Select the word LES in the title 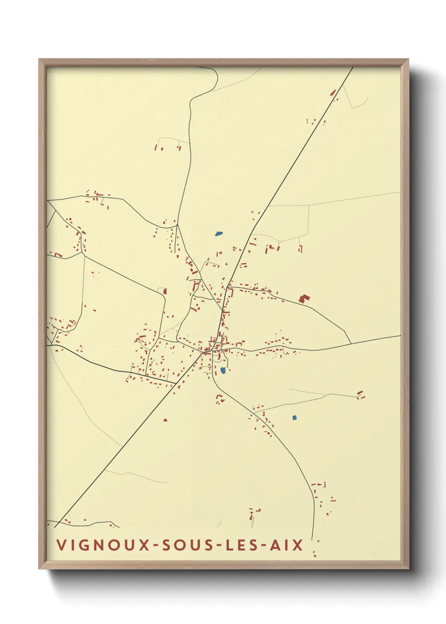point(239,545)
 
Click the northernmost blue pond point(218,233)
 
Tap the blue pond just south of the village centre point(223,370)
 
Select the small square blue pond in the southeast point(295,417)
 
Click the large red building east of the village point(304,299)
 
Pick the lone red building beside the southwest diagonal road point(165,420)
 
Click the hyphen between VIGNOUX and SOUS point(156,546)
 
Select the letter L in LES point(228,545)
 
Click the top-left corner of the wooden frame point(39,59)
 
